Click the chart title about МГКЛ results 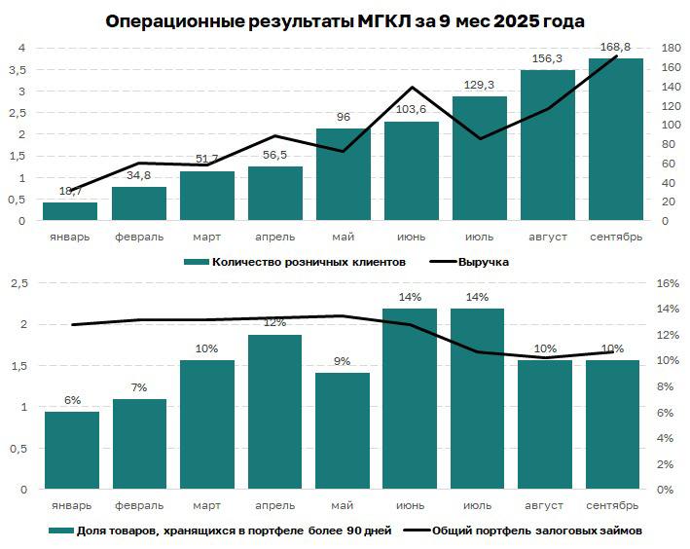pyautogui.click(x=345, y=20)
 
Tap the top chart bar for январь pyautogui.click(x=70, y=211)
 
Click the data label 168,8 pyautogui.click(x=615, y=49)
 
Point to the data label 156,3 pyautogui.click(x=547, y=59)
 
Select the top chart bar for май pyautogui.click(x=343, y=174)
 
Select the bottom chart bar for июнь pyautogui.click(x=410, y=398)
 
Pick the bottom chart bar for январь pyautogui.click(x=72, y=450)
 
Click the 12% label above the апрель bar pyautogui.click(x=274, y=322)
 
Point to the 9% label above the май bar pyautogui.click(x=343, y=361)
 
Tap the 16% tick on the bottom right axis pyautogui.click(x=667, y=283)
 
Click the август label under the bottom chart pyautogui.click(x=545, y=506)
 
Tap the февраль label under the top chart pyautogui.click(x=138, y=237)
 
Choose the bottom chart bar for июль pyautogui.click(x=478, y=398)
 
